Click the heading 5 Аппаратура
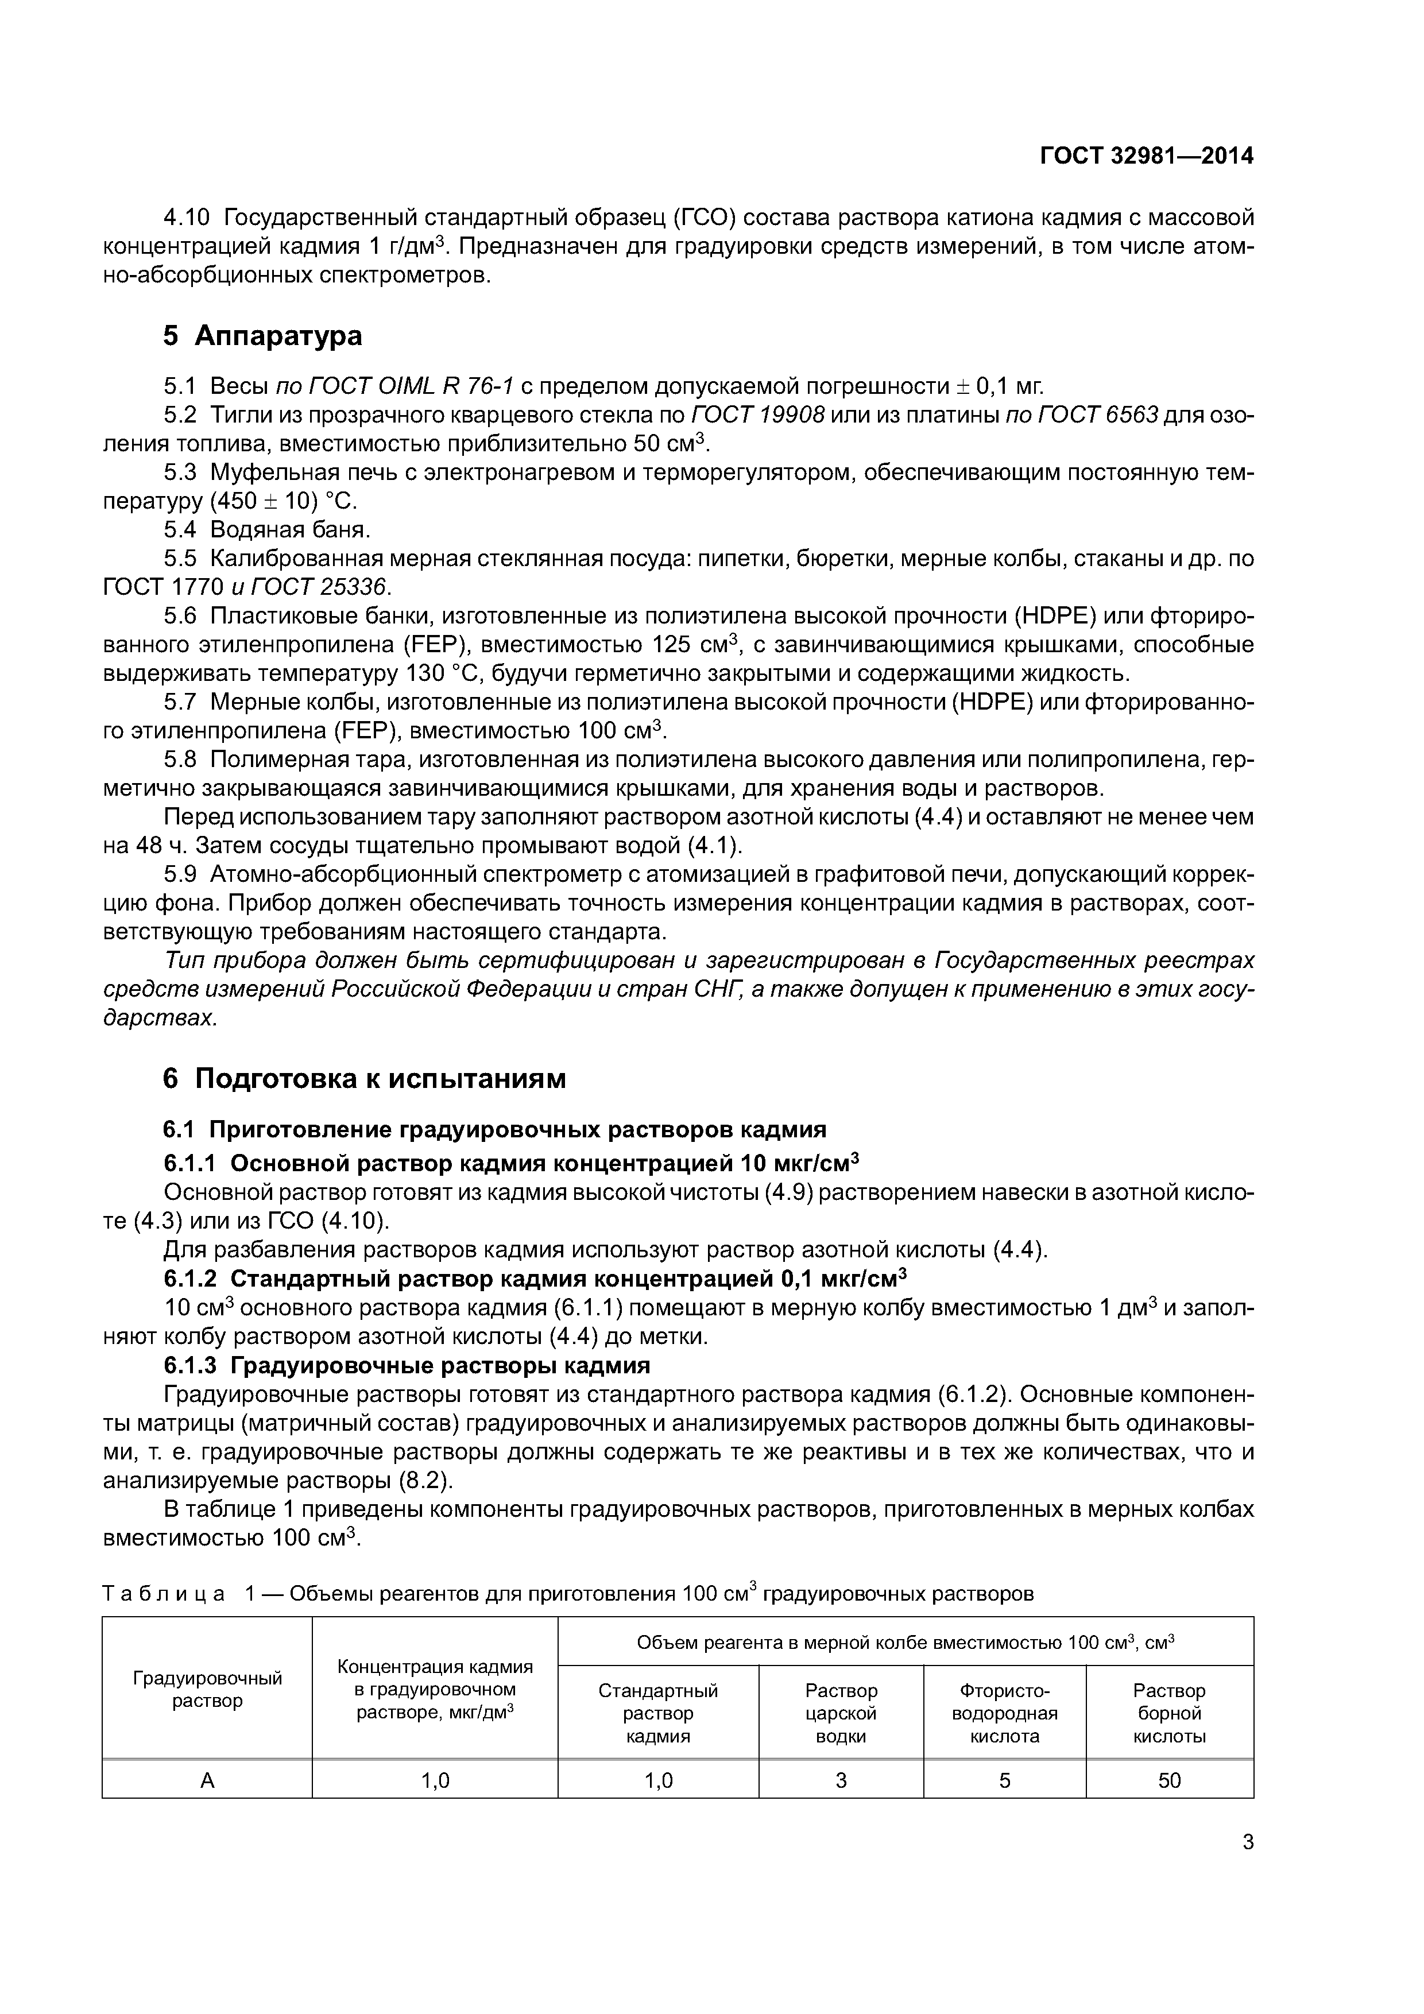[x=262, y=336]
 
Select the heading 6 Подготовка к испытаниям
[x=364, y=1079]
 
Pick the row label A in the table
[x=207, y=1780]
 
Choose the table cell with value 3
[x=841, y=1780]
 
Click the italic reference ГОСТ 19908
[x=758, y=415]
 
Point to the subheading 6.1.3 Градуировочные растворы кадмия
[x=407, y=1366]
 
